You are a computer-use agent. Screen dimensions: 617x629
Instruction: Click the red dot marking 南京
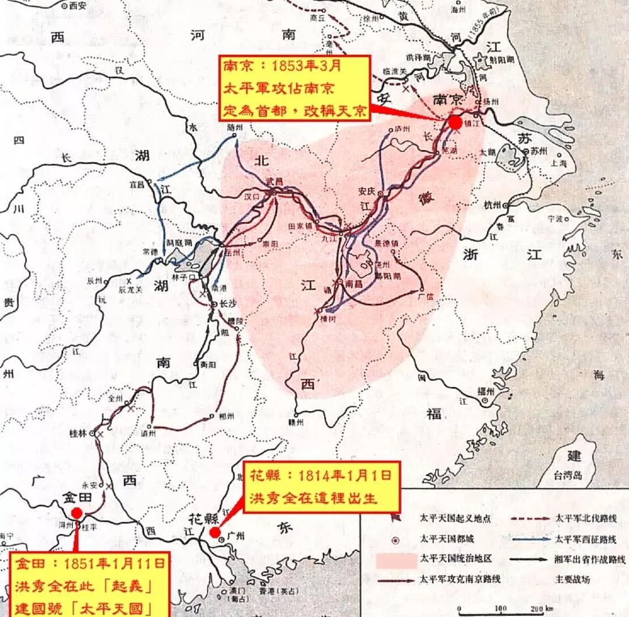(x=455, y=122)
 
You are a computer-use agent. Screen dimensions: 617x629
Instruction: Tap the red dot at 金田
(x=76, y=513)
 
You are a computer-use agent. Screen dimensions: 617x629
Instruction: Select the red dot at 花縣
(x=215, y=532)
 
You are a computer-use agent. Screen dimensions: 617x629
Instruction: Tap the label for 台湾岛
(x=568, y=475)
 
